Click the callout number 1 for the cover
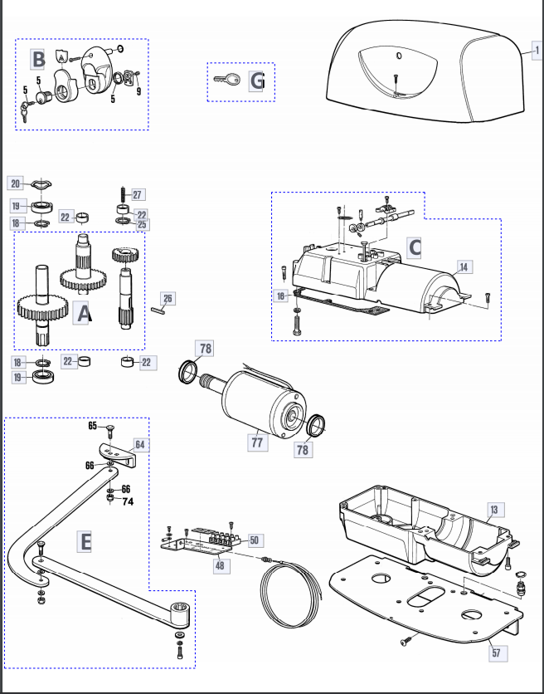coord(537,50)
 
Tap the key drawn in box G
coord(227,80)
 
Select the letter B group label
coord(38,60)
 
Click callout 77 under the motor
coord(257,442)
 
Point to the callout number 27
coord(138,195)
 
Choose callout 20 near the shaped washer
coord(16,183)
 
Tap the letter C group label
coord(415,248)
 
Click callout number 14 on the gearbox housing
coord(464,266)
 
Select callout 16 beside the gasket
coord(281,296)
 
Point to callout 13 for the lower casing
coord(495,510)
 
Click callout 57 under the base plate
coord(497,652)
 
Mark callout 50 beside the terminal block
coord(255,540)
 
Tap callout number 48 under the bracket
coord(221,565)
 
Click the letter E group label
coord(85,542)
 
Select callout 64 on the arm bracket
coord(140,444)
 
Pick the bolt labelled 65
coord(110,431)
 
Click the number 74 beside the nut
coord(128,501)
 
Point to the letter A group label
coord(83,313)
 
